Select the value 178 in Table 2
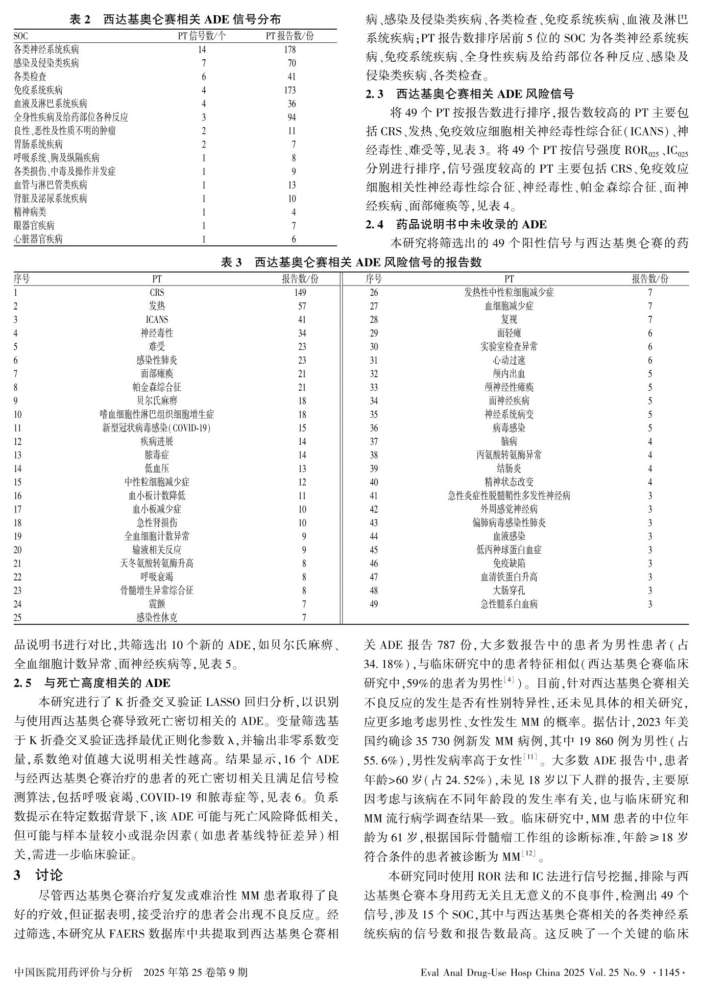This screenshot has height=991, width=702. (x=289, y=50)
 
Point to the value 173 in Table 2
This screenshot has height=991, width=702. (x=289, y=90)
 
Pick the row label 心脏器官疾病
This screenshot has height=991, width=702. (x=38, y=239)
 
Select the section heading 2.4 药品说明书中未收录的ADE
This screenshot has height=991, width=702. (x=456, y=224)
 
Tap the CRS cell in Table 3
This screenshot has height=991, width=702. (x=157, y=293)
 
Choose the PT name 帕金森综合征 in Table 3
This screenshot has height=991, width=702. (x=157, y=387)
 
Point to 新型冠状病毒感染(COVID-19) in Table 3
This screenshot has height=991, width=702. (x=157, y=428)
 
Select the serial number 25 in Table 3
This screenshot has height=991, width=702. (x=18, y=618)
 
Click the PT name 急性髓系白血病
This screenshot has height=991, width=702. (x=509, y=604)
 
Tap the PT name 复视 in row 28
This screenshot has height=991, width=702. (x=509, y=320)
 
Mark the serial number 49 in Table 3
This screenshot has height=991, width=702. (x=374, y=604)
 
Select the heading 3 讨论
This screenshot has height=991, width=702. (x=38, y=875)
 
